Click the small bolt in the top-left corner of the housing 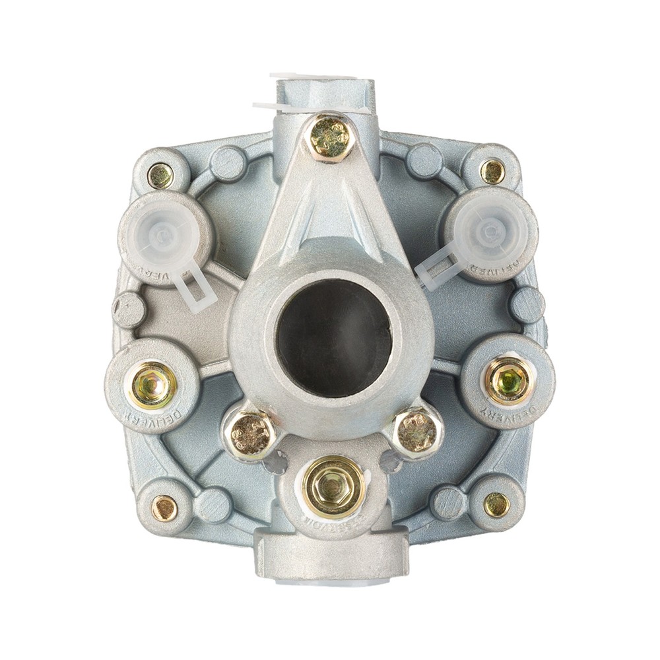160,175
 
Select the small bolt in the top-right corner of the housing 492,172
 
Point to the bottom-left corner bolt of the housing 164,508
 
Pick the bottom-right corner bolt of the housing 496,505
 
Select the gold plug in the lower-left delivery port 152,385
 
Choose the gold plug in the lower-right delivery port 507,381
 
